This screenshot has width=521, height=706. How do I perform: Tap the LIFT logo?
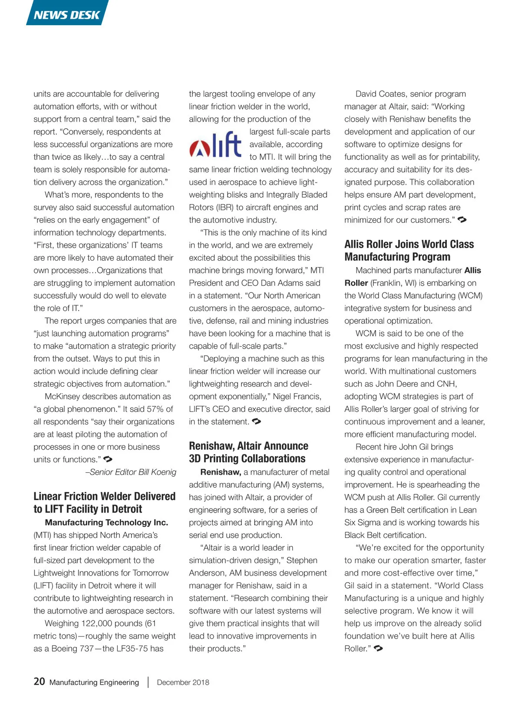[x=216, y=145]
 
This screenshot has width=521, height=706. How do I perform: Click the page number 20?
[x=39, y=681]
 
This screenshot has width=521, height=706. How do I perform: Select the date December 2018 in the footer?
[x=183, y=682]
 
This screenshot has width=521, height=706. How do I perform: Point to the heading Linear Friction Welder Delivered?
[x=105, y=496]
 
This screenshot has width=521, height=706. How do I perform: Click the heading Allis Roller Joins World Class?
[x=409, y=244]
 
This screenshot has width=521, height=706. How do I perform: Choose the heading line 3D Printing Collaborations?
[x=247, y=458]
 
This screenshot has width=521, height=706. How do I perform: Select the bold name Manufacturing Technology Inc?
[x=106, y=522]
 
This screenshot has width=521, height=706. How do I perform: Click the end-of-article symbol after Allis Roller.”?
[x=378, y=648]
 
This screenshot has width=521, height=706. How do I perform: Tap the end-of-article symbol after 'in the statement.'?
[x=257, y=421]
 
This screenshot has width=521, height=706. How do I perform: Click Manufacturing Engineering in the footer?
[x=94, y=682]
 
